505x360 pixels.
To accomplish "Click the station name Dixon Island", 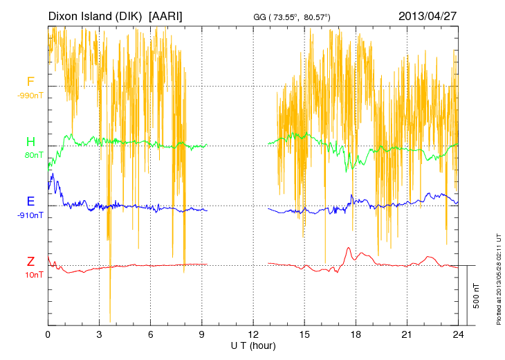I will (82, 16).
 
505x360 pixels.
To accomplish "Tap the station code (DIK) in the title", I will (131, 16).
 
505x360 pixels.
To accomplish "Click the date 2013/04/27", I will (427, 16).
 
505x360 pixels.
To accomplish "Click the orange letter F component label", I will (30, 82).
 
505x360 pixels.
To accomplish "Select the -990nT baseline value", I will (31, 96).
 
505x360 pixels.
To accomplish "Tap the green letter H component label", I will (30, 142).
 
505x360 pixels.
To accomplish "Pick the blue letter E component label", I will (30, 201).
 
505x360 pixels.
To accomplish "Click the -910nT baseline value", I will (31, 215).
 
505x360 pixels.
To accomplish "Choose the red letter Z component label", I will (30, 262).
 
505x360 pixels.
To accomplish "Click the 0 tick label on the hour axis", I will (48, 334).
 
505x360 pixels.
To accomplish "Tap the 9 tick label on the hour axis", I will (201, 334).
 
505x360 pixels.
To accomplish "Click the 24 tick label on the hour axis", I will (457, 334).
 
